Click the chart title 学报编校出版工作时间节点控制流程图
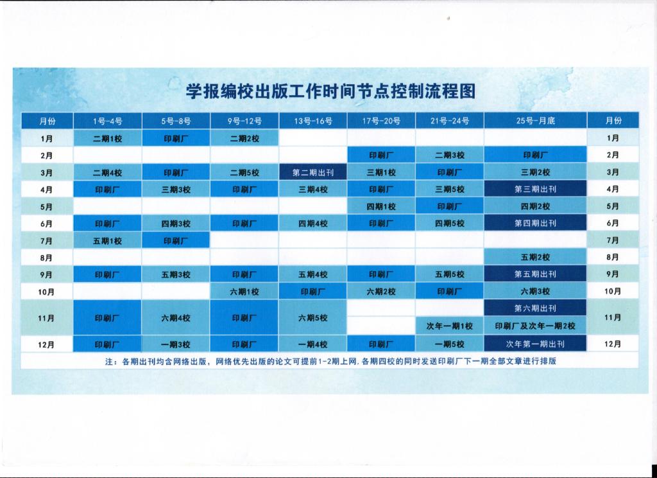click(330, 91)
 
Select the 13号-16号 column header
click(313, 121)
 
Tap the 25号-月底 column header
click(536, 121)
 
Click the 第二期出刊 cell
click(313, 172)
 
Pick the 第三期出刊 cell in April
click(536, 189)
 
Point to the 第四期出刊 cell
click(536, 223)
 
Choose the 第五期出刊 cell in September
click(536, 274)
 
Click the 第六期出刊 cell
click(536, 308)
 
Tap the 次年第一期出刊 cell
click(536, 344)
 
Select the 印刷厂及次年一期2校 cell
click(536, 326)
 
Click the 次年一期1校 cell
click(450, 326)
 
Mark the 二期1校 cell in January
click(108, 138)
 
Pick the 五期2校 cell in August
click(536, 257)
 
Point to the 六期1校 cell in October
click(244, 291)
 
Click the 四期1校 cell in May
click(381, 206)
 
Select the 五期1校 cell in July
click(108, 240)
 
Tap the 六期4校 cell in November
click(176, 317)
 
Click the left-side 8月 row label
click(46, 258)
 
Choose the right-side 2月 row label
click(613, 155)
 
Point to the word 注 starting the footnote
click(109, 361)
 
